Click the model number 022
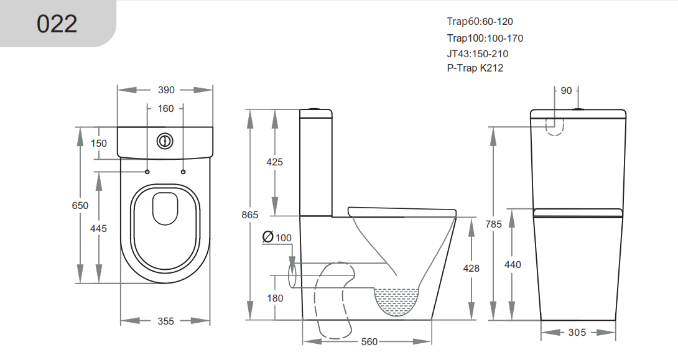57,24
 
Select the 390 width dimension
166,90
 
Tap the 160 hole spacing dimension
166,109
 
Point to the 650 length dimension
80,206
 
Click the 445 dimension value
98,229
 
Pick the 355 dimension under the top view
165,321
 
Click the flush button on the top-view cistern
165,141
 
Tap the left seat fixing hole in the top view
147,172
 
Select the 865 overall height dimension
249,215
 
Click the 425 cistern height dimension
274,162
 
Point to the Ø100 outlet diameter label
277,238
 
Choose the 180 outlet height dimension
274,298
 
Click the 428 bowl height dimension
471,269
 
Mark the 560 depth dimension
369,342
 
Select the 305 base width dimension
577,333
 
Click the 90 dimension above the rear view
566,91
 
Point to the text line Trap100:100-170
485,38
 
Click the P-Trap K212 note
475,68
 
